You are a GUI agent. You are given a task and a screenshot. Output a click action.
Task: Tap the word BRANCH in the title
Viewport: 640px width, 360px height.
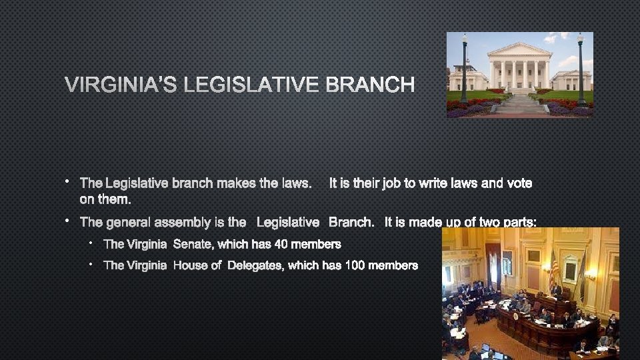click(x=370, y=85)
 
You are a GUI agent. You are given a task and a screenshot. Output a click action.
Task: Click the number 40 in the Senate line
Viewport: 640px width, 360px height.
click(x=281, y=244)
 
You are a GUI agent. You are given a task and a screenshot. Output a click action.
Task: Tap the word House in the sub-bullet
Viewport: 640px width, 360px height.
click(x=189, y=265)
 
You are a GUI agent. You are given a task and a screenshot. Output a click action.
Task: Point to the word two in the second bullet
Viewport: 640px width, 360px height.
click(x=482, y=222)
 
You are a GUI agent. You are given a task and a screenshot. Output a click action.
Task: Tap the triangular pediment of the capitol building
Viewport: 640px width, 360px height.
click(x=519, y=51)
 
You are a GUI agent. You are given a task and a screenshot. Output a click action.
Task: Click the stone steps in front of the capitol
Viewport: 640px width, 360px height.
click(x=521, y=103)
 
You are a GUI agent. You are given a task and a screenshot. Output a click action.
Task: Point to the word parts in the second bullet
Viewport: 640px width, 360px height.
click(x=519, y=222)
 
